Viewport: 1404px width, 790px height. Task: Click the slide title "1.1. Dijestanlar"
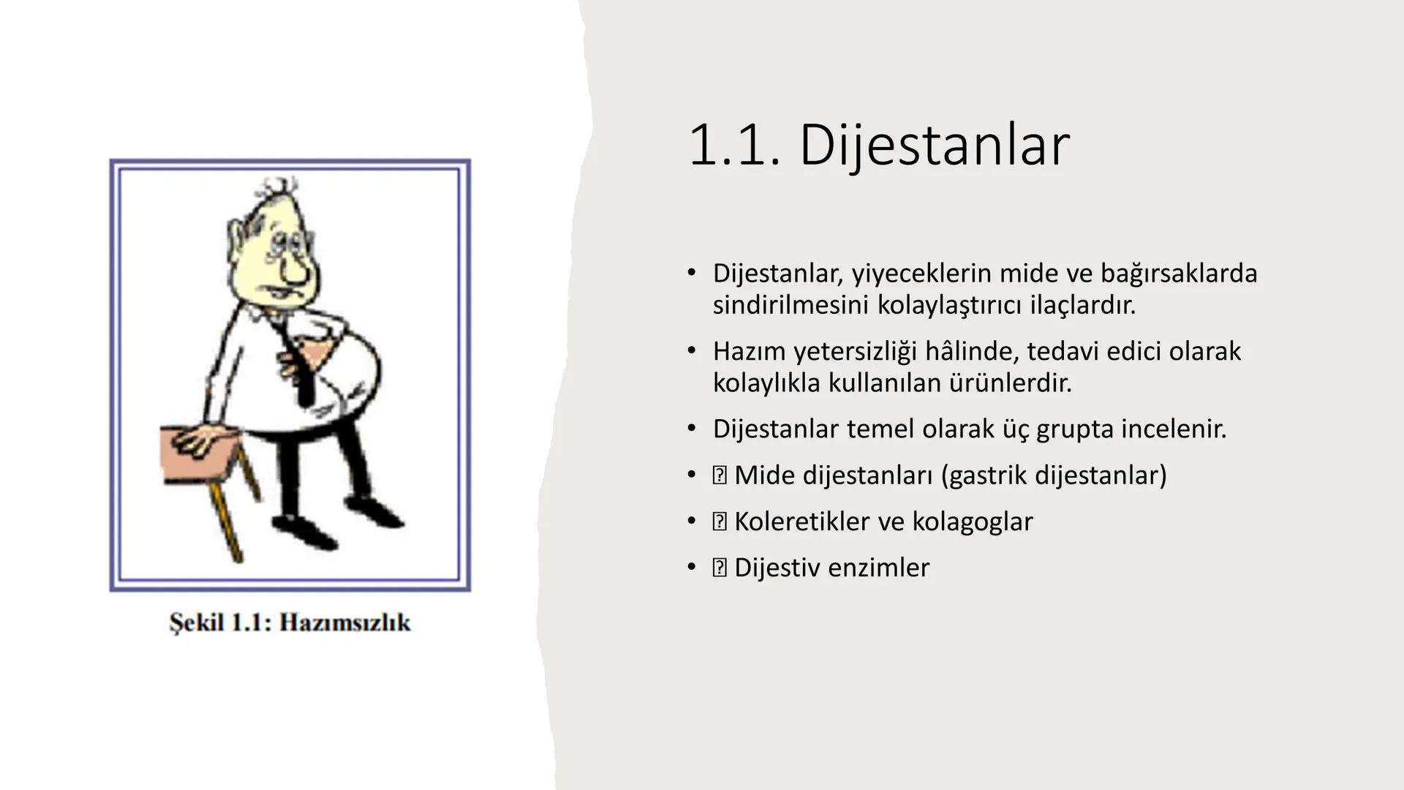pyautogui.click(x=878, y=145)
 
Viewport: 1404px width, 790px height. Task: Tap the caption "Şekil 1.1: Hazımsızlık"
pyautogui.click(x=290, y=622)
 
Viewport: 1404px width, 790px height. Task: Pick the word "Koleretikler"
pyautogui.click(x=802, y=522)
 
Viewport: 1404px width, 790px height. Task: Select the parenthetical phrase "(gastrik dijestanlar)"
pyautogui.click(x=1054, y=475)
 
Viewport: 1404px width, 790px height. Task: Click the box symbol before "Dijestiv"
pyautogui.click(x=720, y=568)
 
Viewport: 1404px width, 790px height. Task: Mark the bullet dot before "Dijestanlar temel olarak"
pyautogui.click(x=691, y=429)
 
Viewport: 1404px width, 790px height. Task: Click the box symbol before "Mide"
pyautogui.click(x=720, y=475)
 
